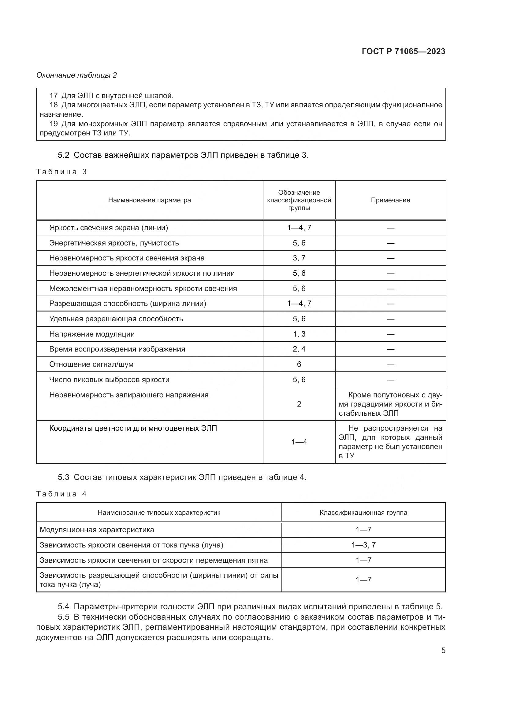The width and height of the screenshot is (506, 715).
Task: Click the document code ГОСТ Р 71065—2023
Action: coord(404,51)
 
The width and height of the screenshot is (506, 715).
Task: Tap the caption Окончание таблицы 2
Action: coord(77,75)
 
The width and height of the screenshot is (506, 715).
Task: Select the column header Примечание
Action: coord(390,200)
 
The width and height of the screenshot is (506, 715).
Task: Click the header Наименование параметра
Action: coord(150,200)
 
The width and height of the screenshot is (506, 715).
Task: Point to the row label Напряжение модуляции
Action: coord(92,334)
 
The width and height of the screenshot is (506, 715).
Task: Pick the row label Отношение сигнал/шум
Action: coord(91,364)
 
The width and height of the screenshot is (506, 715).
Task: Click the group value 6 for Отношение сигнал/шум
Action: coord(299,364)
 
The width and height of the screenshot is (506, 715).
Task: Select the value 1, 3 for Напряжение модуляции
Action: coord(299,334)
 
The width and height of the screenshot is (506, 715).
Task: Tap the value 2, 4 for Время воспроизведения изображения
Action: coord(299,349)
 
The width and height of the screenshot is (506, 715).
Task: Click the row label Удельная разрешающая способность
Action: coord(116,319)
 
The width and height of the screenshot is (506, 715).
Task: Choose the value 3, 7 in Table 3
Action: coord(299,258)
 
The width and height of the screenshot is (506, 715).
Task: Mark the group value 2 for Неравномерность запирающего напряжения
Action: coord(299,404)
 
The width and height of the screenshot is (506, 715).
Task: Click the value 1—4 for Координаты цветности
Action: coord(299,442)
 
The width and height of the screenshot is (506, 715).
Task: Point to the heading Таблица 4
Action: coord(61,494)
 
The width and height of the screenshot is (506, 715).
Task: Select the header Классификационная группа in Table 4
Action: coord(363,513)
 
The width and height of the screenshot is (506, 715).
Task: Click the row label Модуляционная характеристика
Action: coord(97,530)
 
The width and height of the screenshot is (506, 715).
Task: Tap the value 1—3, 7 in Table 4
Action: coord(364,545)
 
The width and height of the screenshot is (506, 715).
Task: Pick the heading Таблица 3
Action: coord(61,172)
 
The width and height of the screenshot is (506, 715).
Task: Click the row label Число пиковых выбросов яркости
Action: coord(109,380)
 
